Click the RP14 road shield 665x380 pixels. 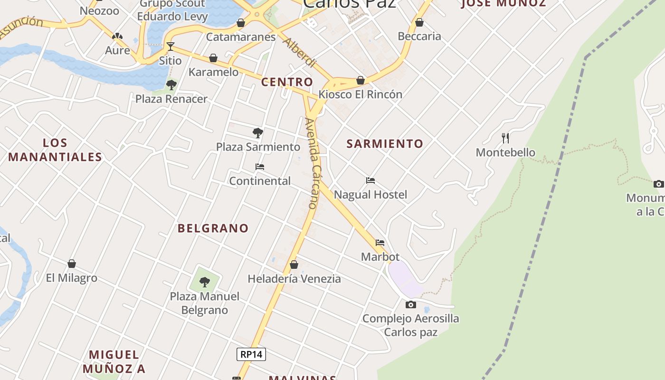pos(251,354)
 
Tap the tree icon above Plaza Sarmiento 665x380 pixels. pos(258,133)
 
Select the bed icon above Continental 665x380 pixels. pos(260,167)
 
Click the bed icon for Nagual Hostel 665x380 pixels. pos(370,180)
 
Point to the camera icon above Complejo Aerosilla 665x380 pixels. pos(411,304)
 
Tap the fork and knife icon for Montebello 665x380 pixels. pos(505,138)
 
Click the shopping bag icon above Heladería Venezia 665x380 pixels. pos(294,265)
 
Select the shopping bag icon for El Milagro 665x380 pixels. pos(72,264)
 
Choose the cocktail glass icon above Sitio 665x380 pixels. pos(170,47)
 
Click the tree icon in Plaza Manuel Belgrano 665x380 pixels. pos(205,282)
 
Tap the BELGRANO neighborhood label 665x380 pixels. pos(213,228)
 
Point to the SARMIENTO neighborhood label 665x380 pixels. pos(385,143)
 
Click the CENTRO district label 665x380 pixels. pos(287,82)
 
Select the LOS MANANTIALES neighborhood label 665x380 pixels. pos(55,150)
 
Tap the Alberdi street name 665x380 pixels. pos(299,52)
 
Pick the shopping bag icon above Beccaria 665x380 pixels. pos(419,22)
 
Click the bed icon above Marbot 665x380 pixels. pos(380,243)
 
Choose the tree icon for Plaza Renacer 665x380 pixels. pos(171,85)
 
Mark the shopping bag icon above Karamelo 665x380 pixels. pos(213,58)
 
